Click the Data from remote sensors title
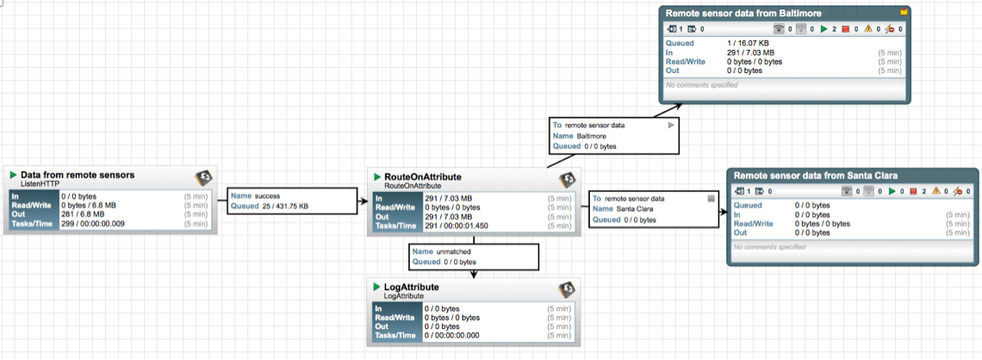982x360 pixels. (x=78, y=175)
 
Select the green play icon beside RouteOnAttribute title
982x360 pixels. (x=376, y=177)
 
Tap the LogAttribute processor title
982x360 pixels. (x=412, y=287)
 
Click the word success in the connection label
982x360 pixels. (x=268, y=196)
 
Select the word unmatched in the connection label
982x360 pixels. (x=455, y=251)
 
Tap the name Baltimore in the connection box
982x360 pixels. (x=593, y=135)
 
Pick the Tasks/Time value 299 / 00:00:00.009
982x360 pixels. (x=98, y=223)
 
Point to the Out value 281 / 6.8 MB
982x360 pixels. (x=82, y=214)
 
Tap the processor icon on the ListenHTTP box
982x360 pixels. (x=203, y=178)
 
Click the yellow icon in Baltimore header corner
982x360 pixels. (x=904, y=13)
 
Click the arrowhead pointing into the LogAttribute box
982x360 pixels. (x=475, y=275)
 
